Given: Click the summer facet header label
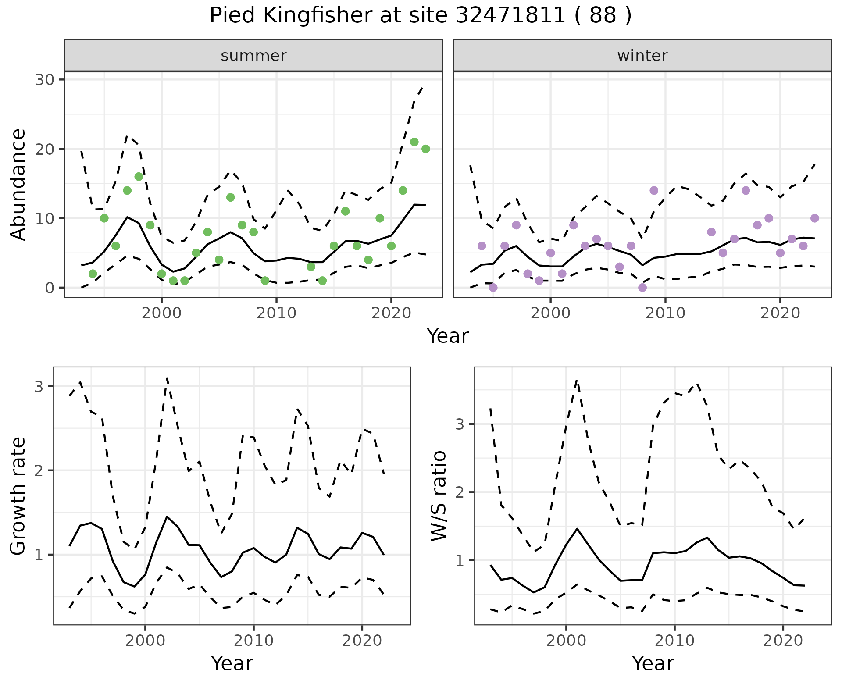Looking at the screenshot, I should tap(253, 56).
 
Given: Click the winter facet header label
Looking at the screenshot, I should tap(642, 56).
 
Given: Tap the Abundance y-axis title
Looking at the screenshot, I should tap(18, 184).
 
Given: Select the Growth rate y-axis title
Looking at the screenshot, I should tap(18, 496).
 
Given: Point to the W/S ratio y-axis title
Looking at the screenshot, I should tap(439, 496).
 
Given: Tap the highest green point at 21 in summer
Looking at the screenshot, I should tap(414, 142).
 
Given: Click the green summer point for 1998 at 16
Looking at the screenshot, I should tap(139, 177).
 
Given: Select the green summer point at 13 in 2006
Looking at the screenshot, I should tap(231, 197).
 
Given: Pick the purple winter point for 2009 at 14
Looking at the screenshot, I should tap(654, 190).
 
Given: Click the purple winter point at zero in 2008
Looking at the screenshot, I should tap(642, 288).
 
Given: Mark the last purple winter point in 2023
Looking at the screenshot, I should tap(815, 218).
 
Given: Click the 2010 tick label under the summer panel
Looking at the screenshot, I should tap(276, 313).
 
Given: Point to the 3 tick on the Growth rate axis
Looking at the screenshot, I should tap(39, 386).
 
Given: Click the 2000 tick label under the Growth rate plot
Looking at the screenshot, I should tap(145, 641).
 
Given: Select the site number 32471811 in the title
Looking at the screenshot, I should tap(510, 16).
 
